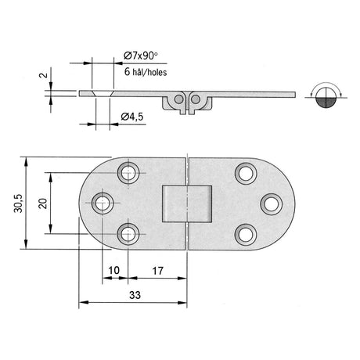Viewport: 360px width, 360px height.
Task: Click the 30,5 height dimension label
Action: (x=18, y=203)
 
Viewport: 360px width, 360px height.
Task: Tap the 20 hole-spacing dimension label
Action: (x=43, y=203)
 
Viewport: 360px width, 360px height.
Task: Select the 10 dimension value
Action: (x=113, y=271)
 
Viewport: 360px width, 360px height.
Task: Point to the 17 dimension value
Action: (x=157, y=271)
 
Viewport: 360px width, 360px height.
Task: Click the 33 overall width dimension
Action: (x=135, y=295)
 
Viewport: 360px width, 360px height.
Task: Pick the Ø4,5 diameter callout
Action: (x=132, y=117)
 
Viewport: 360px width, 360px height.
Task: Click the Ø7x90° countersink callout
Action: (x=141, y=56)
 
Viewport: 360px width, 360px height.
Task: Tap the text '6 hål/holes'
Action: (x=146, y=72)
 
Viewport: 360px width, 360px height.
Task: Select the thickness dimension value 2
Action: (x=45, y=75)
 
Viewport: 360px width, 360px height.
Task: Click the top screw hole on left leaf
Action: (x=128, y=173)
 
